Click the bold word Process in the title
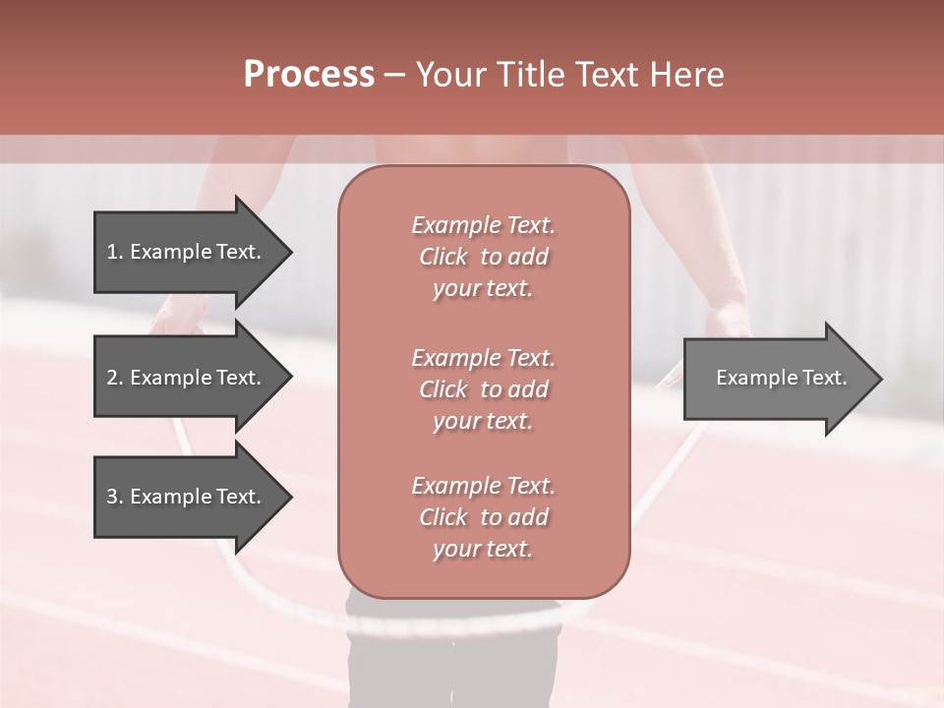tap(309, 75)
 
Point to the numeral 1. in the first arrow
tap(114, 252)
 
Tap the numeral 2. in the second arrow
tap(114, 378)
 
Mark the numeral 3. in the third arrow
tap(114, 497)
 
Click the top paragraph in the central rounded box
tap(483, 257)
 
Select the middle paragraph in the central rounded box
tap(483, 389)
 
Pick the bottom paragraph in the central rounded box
tap(483, 517)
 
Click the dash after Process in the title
tap(394, 76)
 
